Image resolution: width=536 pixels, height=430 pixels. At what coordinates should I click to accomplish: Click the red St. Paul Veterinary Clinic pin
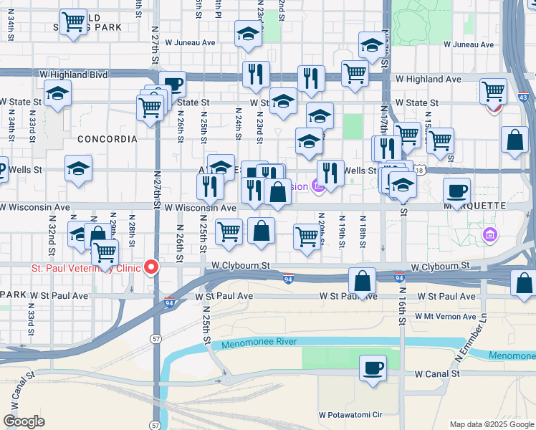coord(151,267)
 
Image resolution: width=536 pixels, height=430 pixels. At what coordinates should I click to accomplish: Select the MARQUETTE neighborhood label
coord(479,206)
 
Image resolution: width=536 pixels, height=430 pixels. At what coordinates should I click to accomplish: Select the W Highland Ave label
coord(429,79)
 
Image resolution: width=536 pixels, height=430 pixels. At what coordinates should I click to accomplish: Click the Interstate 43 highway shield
coord(523,97)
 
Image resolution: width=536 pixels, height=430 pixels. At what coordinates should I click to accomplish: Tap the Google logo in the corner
coord(24,421)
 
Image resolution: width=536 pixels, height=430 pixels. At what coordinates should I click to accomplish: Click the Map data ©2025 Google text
coord(490,424)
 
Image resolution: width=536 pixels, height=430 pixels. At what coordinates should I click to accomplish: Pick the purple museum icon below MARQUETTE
coord(490,234)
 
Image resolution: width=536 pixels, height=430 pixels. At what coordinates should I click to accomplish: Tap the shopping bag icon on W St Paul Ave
coord(363,281)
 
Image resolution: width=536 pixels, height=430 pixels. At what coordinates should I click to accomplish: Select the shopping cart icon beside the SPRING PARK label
coord(73,22)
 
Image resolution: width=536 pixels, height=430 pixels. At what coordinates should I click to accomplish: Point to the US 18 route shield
coord(420,171)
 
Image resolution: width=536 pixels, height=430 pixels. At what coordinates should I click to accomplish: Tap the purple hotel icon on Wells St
coord(319,186)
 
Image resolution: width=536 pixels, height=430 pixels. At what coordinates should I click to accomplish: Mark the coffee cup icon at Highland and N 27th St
coord(173,84)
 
